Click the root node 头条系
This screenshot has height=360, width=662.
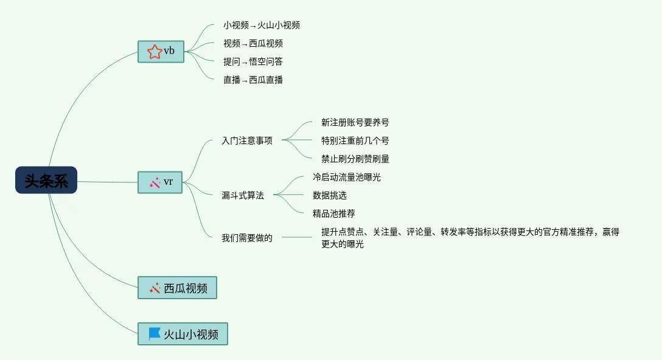click(46, 181)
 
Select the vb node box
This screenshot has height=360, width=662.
click(161, 51)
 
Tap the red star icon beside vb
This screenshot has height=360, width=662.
click(155, 52)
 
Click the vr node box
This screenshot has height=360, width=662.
click(161, 182)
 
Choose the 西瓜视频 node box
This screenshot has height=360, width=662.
click(177, 288)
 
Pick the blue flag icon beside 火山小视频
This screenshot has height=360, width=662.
click(155, 334)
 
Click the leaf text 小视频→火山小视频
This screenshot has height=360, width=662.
click(262, 26)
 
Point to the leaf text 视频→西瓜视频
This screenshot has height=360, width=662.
click(253, 44)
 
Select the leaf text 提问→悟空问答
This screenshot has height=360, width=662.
click(253, 62)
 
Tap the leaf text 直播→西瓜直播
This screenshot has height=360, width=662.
click(253, 80)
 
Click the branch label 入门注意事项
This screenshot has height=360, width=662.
click(247, 141)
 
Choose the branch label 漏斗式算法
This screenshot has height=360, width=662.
click(243, 196)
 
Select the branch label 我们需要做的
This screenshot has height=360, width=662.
click(247, 238)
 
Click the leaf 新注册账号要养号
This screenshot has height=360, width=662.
click(355, 123)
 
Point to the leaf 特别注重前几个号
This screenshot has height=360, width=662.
click(355, 141)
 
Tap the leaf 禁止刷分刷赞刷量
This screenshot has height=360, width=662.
click(355, 159)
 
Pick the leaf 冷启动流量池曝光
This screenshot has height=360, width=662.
click(347, 178)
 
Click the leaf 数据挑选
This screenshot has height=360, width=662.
click(330, 196)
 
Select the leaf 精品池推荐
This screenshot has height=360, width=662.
click(334, 214)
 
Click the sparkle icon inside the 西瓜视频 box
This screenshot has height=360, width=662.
click(155, 288)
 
